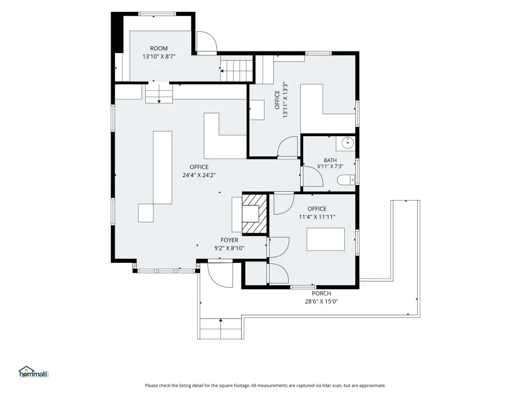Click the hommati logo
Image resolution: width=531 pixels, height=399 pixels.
(x=34, y=372)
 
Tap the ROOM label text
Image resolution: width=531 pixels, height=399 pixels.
(x=159, y=48)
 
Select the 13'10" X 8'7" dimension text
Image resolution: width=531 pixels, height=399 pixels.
(x=159, y=57)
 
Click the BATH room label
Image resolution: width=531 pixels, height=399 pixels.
(x=330, y=160)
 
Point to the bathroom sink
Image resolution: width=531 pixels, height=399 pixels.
(x=347, y=143)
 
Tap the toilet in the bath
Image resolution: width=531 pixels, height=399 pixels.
(x=346, y=179)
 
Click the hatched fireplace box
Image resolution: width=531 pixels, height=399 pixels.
(x=255, y=214)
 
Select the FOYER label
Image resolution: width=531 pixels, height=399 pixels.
(x=229, y=240)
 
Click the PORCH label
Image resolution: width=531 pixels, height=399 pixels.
(x=322, y=294)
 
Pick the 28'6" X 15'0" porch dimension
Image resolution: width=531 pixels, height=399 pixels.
(x=322, y=301)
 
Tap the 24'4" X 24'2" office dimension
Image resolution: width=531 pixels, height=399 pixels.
(x=199, y=175)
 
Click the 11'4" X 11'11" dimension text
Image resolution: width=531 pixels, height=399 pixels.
(x=317, y=217)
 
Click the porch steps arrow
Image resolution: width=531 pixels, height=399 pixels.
(x=221, y=328)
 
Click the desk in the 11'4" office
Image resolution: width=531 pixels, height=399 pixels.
(x=326, y=239)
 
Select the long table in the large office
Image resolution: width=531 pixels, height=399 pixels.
(x=162, y=168)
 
